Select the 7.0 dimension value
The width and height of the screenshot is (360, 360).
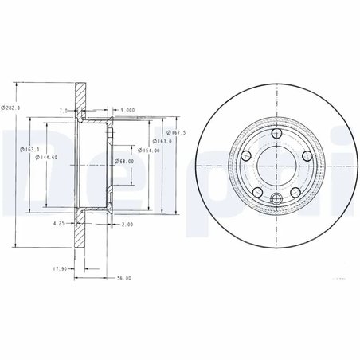(62, 110)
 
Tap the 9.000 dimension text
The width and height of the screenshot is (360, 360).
(127, 110)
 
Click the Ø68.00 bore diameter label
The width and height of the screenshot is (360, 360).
(123, 162)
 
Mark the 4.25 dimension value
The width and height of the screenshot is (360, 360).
(58, 225)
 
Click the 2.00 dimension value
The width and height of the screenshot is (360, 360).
(127, 225)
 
